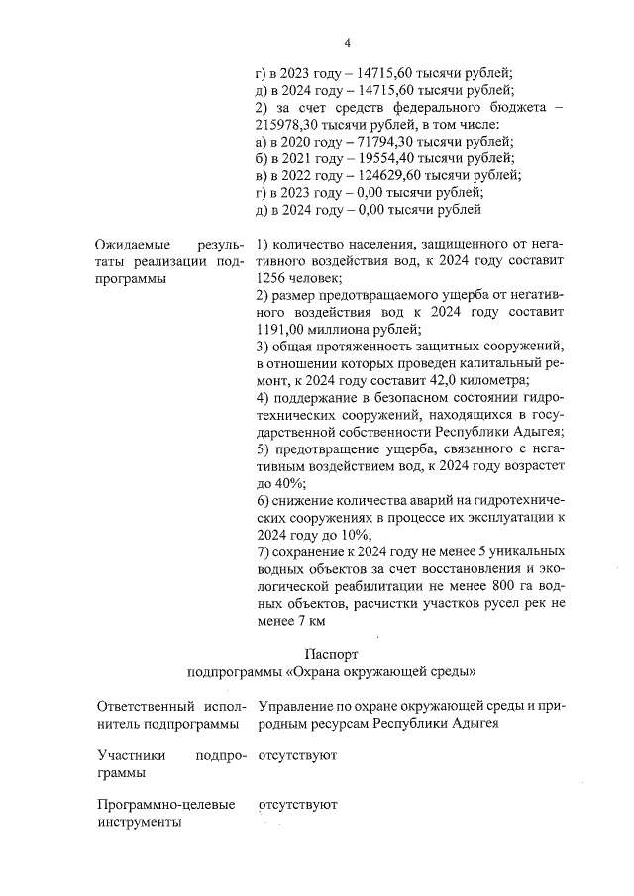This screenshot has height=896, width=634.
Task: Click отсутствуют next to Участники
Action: click(x=298, y=755)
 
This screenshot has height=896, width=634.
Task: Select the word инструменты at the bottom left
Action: click(x=140, y=823)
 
